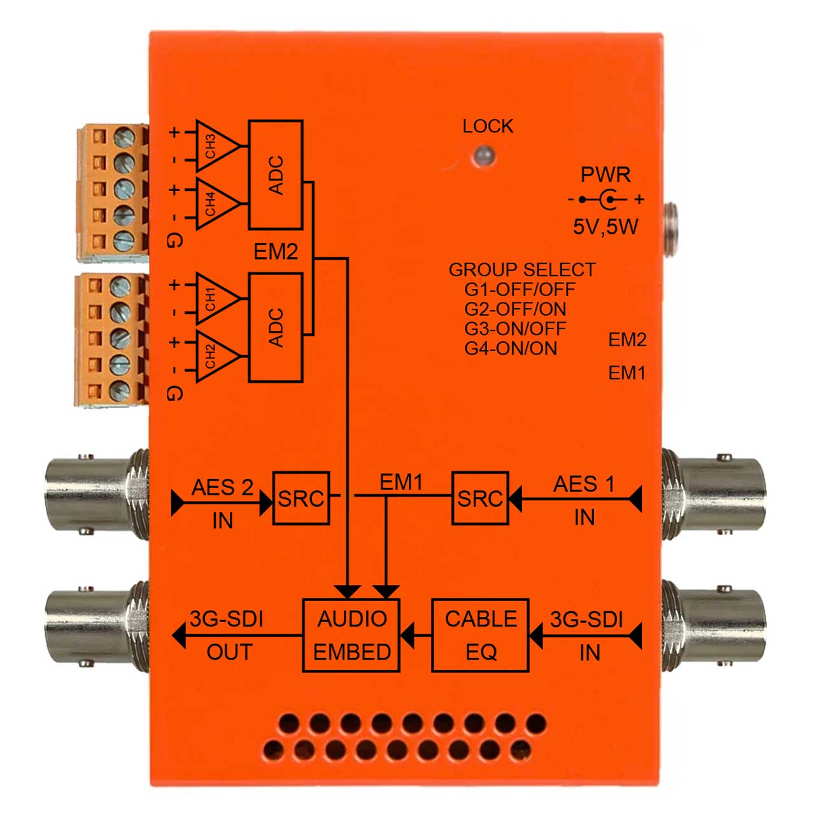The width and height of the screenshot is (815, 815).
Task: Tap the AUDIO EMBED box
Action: (x=351, y=635)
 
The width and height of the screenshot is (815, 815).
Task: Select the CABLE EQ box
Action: (x=480, y=635)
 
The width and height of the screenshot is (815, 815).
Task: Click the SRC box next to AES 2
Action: (x=301, y=498)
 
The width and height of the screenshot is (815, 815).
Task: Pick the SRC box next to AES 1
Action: (x=480, y=498)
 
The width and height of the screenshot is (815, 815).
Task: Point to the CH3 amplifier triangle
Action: (x=216, y=146)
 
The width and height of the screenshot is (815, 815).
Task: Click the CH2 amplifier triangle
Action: (x=216, y=356)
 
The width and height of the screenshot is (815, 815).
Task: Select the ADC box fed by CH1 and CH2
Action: (x=276, y=328)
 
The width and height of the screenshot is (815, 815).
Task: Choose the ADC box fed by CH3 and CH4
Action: (x=276, y=175)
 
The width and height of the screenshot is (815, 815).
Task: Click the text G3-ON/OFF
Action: (x=514, y=329)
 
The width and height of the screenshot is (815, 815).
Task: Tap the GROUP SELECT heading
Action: (x=522, y=270)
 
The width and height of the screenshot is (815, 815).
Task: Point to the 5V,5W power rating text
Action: (x=605, y=227)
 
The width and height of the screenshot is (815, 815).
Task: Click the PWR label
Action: (x=606, y=174)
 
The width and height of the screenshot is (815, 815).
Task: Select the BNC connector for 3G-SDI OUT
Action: (x=97, y=628)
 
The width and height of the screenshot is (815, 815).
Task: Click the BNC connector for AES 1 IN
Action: (x=714, y=495)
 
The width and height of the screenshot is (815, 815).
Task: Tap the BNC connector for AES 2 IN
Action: (x=97, y=495)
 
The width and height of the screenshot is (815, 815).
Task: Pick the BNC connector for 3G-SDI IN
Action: (x=714, y=628)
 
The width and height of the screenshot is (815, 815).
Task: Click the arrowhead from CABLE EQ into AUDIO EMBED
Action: (x=407, y=635)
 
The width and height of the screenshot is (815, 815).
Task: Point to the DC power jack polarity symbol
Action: (x=606, y=199)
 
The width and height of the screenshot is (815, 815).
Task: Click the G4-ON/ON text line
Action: (x=511, y=348)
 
